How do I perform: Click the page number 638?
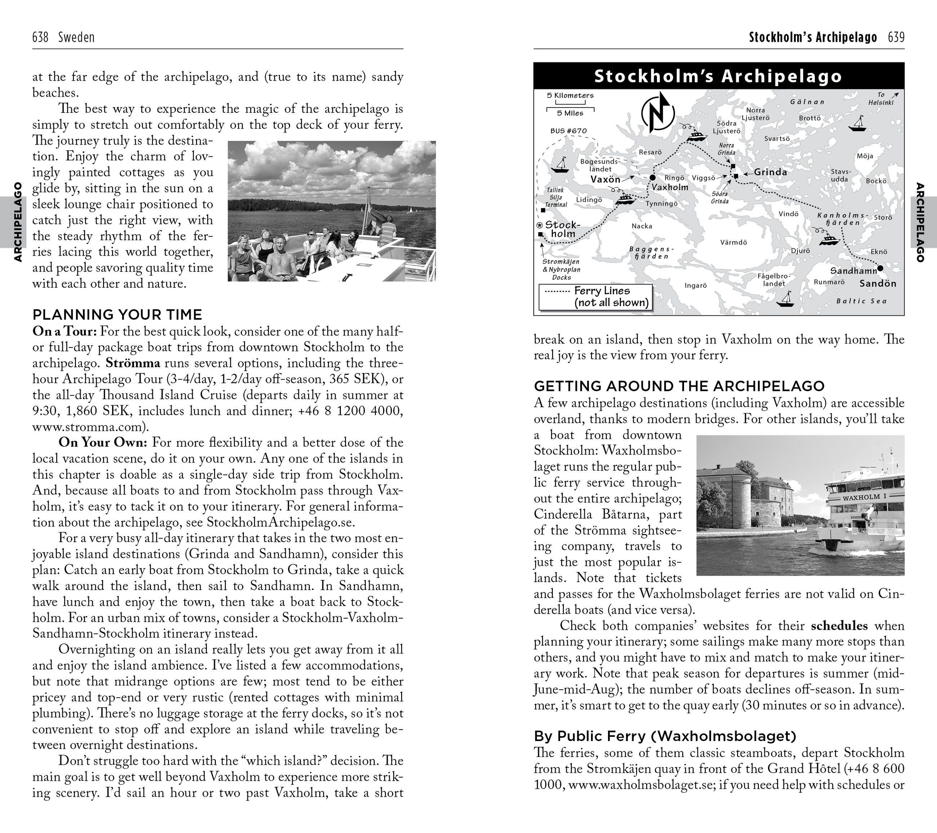(40, 37)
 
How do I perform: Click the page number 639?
(896, 37)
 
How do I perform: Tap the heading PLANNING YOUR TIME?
(117, 315)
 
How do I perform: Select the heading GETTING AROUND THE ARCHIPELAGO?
(679, 386)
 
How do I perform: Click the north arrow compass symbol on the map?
(658, 111)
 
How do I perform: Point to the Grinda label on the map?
(770, 172)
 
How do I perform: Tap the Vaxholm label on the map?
(670, 187)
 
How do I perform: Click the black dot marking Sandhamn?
(880, 268)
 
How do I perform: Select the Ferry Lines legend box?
(595, 297)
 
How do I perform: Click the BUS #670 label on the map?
(568, 130)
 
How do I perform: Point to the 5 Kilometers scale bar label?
(570, 96)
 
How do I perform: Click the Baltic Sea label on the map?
(861, 301)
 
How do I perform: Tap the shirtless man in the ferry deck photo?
(280, 259)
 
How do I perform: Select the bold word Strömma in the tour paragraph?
(133, 363)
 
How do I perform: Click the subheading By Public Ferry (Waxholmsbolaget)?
(665, 736)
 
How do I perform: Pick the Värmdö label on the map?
(733, 242)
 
